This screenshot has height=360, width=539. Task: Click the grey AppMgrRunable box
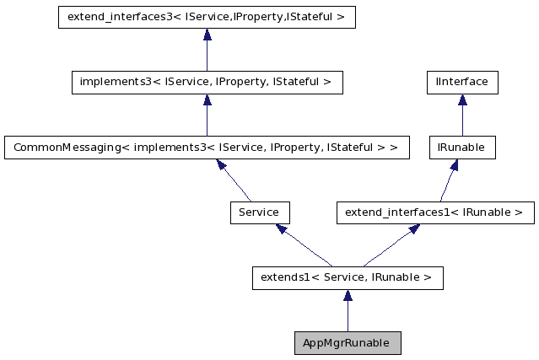[x=347, y=343]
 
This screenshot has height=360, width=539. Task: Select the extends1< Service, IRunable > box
[x=347, y=277]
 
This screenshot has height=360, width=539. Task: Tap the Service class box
[x=259, y=212]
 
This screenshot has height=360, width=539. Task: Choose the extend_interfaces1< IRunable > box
[x=435, y=212]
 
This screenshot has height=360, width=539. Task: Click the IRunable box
[x=461, y=148]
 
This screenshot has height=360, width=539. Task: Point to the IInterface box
[x=462, y=82]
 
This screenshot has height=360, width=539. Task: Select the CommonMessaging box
[x=207, y=148]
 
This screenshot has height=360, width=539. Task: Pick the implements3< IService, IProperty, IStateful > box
[x=207, y=82]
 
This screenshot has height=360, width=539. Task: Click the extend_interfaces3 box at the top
[x=207, y=17]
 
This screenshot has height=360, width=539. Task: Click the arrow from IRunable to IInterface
[x=462, y=115]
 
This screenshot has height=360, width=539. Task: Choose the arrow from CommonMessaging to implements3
[x=207, y=115]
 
